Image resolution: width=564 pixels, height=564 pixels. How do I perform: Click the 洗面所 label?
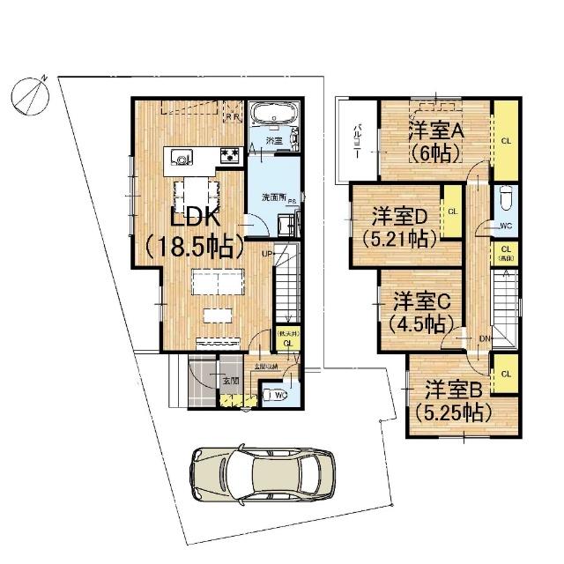273,197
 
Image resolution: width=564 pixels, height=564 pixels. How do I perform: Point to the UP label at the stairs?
266,254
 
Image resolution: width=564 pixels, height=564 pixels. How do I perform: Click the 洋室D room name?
397,216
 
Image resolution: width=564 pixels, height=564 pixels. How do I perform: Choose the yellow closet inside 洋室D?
450,212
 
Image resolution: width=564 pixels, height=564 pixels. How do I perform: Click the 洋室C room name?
421,299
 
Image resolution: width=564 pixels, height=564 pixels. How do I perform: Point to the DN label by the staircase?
485,338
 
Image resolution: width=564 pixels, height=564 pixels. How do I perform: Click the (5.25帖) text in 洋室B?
454,411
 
